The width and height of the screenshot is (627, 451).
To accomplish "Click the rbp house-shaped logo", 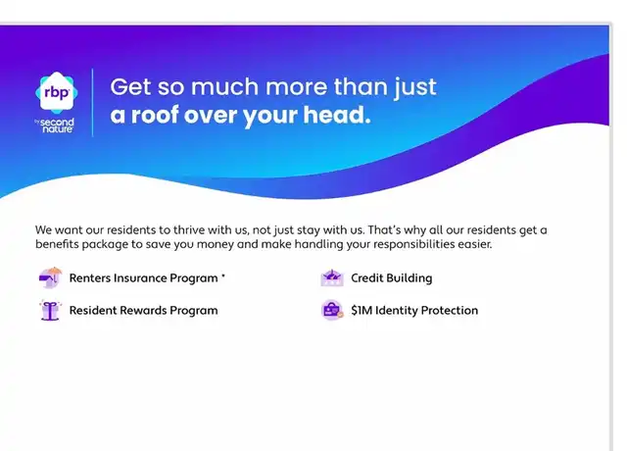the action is (57, 93).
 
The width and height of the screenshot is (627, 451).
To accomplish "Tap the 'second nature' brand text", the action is (57, 125).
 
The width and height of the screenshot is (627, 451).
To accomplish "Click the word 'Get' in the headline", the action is (130, 87).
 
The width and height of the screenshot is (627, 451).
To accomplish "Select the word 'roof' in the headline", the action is (155, 115).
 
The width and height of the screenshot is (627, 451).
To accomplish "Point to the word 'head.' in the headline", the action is (337, 115).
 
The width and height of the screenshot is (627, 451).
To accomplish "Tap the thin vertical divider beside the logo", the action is (93, 103).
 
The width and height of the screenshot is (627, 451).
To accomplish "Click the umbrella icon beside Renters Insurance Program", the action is (50, 277).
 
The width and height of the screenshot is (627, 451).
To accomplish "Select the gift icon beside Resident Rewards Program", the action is (50, 310).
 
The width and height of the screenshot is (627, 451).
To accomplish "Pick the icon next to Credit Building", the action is (332, 277).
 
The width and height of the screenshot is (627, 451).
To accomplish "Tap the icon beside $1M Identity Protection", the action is (332, 310).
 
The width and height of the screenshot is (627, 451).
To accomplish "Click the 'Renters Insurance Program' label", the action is (144, 278).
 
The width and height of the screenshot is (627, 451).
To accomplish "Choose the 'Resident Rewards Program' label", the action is (144, 311).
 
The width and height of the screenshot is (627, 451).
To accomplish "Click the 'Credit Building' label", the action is (392, 278).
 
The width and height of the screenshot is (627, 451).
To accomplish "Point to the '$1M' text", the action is (362, 311).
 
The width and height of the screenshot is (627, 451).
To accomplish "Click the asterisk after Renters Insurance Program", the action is (223, 276).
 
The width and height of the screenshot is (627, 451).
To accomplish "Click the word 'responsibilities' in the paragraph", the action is (413, 244).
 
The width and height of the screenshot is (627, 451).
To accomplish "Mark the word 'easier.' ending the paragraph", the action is (475, 244).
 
